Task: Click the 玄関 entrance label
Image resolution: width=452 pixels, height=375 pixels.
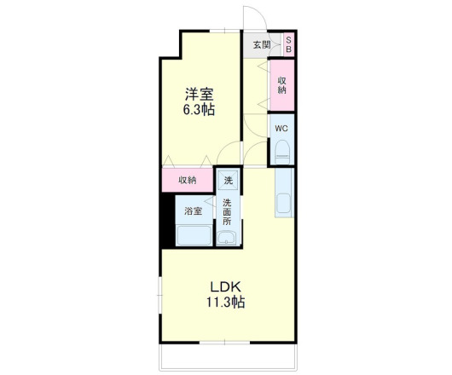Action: click(x=261, y=44)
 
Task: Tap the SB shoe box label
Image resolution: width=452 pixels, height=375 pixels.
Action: click(x=288, y=44)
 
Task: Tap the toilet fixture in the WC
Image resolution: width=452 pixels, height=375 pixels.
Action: click(x=282, y=153)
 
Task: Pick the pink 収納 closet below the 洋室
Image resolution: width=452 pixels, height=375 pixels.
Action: click(x=188, y=180)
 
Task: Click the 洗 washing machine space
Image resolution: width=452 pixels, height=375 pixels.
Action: click(x=227, y=180)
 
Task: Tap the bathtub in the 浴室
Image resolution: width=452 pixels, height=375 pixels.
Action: click(x=194, y=234)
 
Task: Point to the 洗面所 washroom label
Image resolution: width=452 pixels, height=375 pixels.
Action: click(x=228, y=211)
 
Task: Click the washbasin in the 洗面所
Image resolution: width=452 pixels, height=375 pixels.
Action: click(x=227, y=238)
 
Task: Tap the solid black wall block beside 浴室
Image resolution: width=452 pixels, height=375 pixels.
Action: click(x=167, y=221)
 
